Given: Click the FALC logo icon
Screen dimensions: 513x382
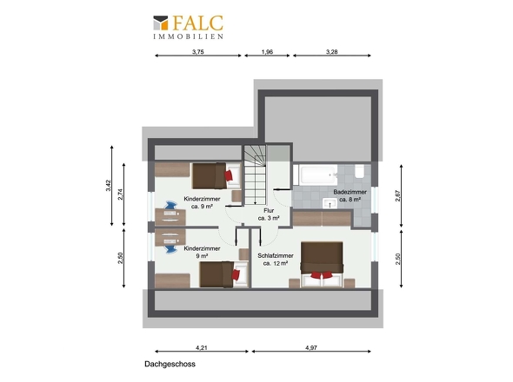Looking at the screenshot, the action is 161,23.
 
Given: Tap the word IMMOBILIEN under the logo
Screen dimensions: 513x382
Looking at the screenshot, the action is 189,36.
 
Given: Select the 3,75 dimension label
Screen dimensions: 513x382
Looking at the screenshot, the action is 198,51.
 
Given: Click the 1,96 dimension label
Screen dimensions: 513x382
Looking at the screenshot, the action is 267,51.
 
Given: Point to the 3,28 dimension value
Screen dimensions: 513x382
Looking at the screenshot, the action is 332,51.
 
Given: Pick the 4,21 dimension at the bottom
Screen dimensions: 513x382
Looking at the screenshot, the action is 202,347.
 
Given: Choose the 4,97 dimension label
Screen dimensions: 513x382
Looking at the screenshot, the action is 311,347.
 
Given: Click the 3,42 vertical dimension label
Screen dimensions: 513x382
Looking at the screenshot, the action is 109,186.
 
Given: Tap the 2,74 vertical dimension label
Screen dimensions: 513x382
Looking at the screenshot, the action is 121,194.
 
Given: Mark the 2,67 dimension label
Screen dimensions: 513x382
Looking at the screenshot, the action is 398,195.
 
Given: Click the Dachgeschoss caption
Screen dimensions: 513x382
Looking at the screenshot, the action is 170,364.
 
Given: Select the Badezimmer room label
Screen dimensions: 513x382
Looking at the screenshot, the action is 350,192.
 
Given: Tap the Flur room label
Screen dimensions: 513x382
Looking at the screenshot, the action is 269,211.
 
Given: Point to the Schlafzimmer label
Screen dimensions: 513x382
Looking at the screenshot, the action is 276,255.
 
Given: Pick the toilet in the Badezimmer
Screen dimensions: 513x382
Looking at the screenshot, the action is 359,171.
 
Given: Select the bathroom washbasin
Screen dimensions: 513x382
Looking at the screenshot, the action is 330,203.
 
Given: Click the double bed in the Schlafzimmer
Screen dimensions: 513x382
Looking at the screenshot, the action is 322,264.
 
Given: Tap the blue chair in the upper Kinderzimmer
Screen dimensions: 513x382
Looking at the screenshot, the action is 170,206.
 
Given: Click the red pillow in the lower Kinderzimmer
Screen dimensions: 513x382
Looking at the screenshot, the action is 236,274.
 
